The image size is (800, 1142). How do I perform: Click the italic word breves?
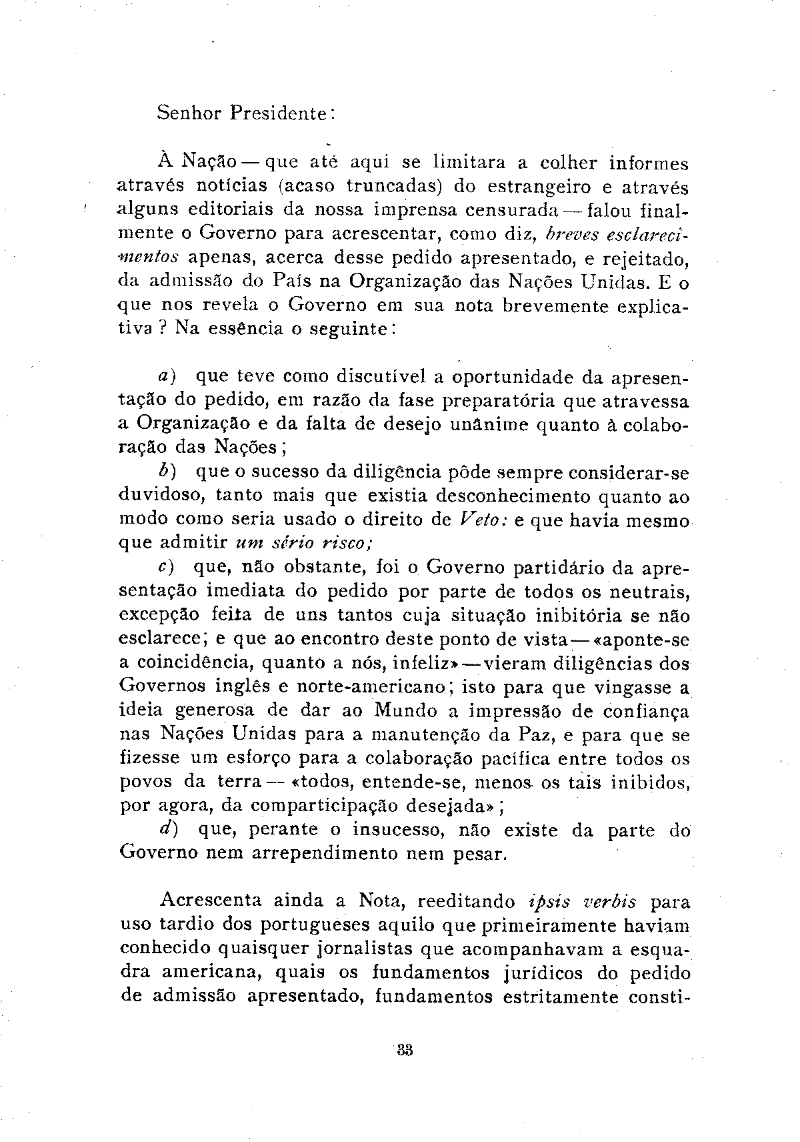point(571,234)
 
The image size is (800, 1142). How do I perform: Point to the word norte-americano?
point(371,686)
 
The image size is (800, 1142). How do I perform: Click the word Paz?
point(533,734)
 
